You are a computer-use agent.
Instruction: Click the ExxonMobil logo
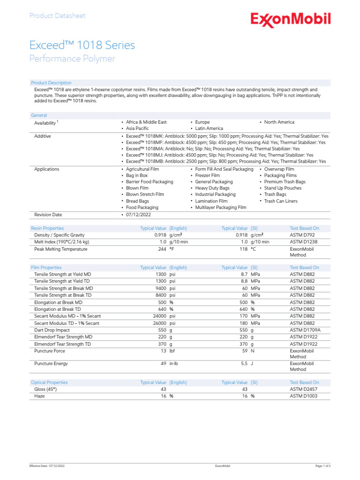point(291,19)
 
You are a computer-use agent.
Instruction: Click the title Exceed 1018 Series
point(82,45)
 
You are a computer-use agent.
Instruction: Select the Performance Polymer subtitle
point(72,59)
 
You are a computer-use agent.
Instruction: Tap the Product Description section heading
point(51,82)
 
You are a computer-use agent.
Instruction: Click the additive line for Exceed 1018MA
point(223,148)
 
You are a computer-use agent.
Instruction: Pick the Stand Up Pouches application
point(283,188)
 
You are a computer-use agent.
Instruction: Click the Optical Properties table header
point(49,382)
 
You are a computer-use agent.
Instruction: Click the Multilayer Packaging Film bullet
point(220,207)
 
